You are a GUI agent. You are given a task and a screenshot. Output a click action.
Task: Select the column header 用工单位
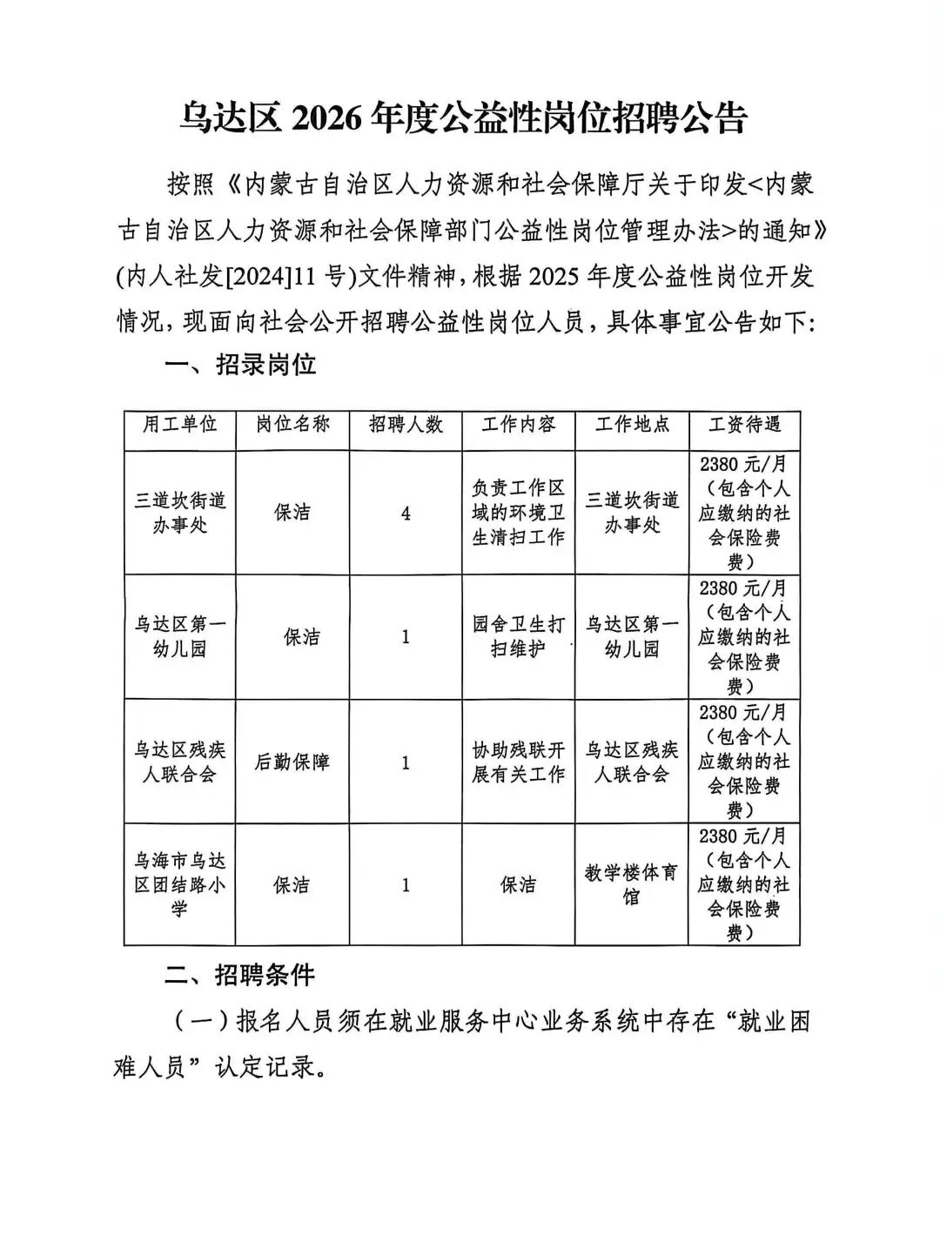tap(179, 424)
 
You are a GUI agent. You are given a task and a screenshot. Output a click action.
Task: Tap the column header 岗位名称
tap(292, 424)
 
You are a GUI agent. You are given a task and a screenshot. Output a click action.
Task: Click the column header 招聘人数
tap(406, 424)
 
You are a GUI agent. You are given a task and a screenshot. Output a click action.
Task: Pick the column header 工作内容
tap(519, 424)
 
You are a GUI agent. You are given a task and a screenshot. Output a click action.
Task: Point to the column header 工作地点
tap(632, 424)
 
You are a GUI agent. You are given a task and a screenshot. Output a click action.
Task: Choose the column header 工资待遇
tap(744, 424)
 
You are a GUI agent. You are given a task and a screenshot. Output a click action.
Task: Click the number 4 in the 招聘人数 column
tap(406, 514)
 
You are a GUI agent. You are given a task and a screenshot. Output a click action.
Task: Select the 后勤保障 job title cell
tap(292, 762)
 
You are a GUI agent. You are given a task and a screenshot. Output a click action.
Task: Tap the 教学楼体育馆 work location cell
tap(632, 884)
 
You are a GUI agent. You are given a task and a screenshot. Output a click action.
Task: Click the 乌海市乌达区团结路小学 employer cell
tap(179, 884)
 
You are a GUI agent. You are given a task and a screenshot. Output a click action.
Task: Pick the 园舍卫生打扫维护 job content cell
tap(519, 637)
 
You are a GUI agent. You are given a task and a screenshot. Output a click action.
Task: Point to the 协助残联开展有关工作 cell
tap(519, 762)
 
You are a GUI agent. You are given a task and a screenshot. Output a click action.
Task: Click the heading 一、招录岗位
tap(240, 365)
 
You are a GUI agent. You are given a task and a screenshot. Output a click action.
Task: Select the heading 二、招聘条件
tap(240, 976)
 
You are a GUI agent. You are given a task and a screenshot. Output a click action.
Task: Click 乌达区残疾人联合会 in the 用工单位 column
tap(179, 762)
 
